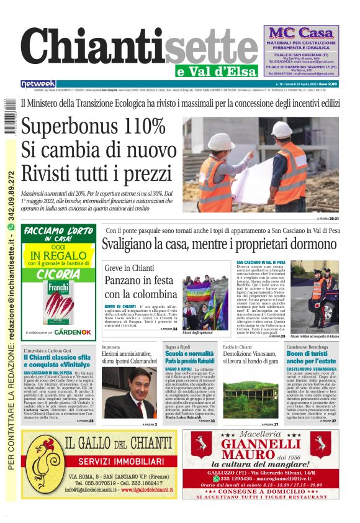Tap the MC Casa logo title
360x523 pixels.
tap(301, 33)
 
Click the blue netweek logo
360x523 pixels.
tap(38, 84)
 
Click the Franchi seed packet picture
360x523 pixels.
tap(58, 302)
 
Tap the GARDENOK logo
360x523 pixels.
tap(73, 332)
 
